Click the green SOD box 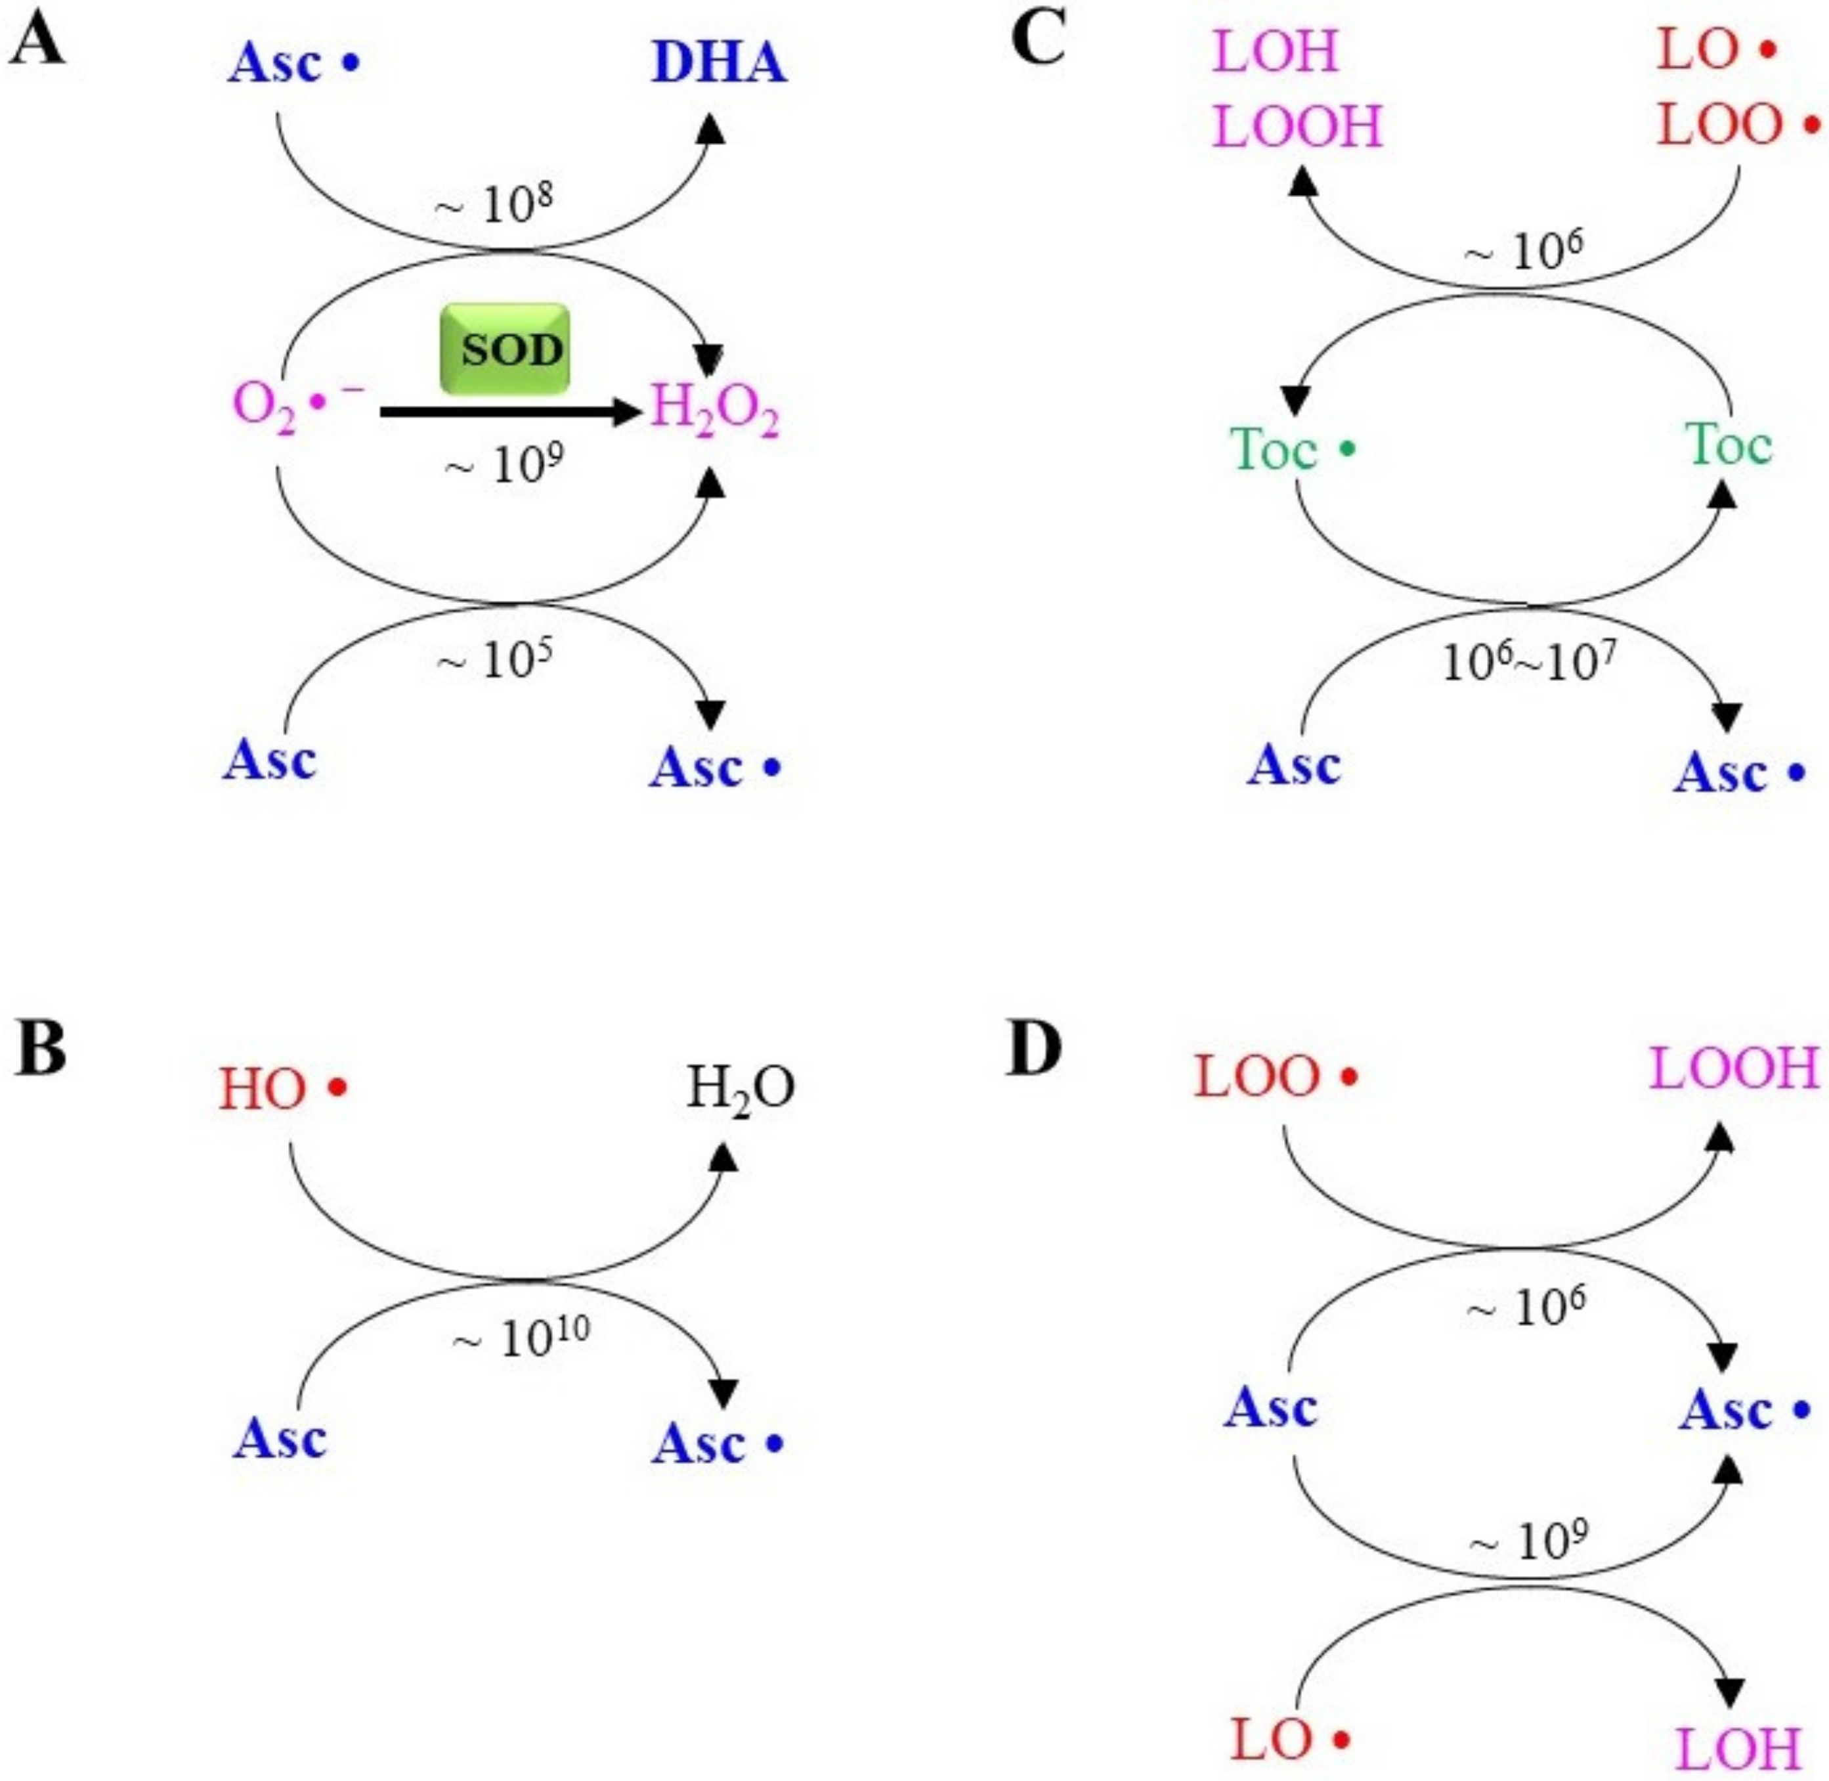(505, 349)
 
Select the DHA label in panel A (719, 64)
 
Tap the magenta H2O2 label (714, 414)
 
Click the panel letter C (1038, 41)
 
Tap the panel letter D (1035, 1049)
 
